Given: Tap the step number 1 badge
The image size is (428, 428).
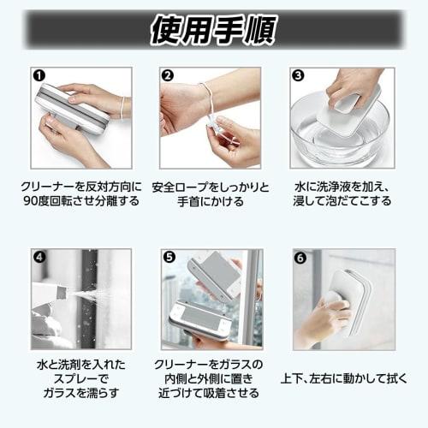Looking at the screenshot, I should (39, 75).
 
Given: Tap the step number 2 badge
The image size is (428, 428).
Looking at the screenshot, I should (168, 75).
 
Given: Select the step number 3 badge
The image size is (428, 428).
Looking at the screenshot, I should (298, 75).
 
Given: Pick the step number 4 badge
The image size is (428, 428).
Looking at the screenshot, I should (39, 256).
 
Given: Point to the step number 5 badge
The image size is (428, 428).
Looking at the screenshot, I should (168, 256).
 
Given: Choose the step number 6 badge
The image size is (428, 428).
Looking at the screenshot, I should (298, 256).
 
